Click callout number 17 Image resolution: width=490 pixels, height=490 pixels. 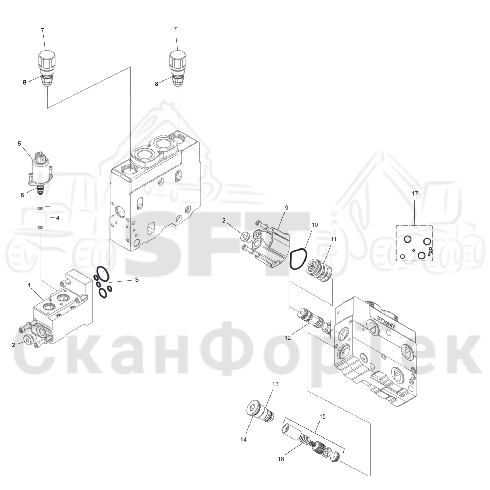415,194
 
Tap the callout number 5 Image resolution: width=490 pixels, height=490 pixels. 19,143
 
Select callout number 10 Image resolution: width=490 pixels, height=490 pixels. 315,225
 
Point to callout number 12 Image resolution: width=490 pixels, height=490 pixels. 288,338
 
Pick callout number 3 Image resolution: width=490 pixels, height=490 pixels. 137,280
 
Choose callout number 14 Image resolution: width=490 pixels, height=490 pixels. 243,439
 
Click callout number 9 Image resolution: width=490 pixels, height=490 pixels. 286,208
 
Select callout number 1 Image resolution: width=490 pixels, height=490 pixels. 29,285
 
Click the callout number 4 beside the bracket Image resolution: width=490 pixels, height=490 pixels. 58,218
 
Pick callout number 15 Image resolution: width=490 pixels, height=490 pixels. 322,417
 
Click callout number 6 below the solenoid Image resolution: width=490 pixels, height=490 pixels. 22,195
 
